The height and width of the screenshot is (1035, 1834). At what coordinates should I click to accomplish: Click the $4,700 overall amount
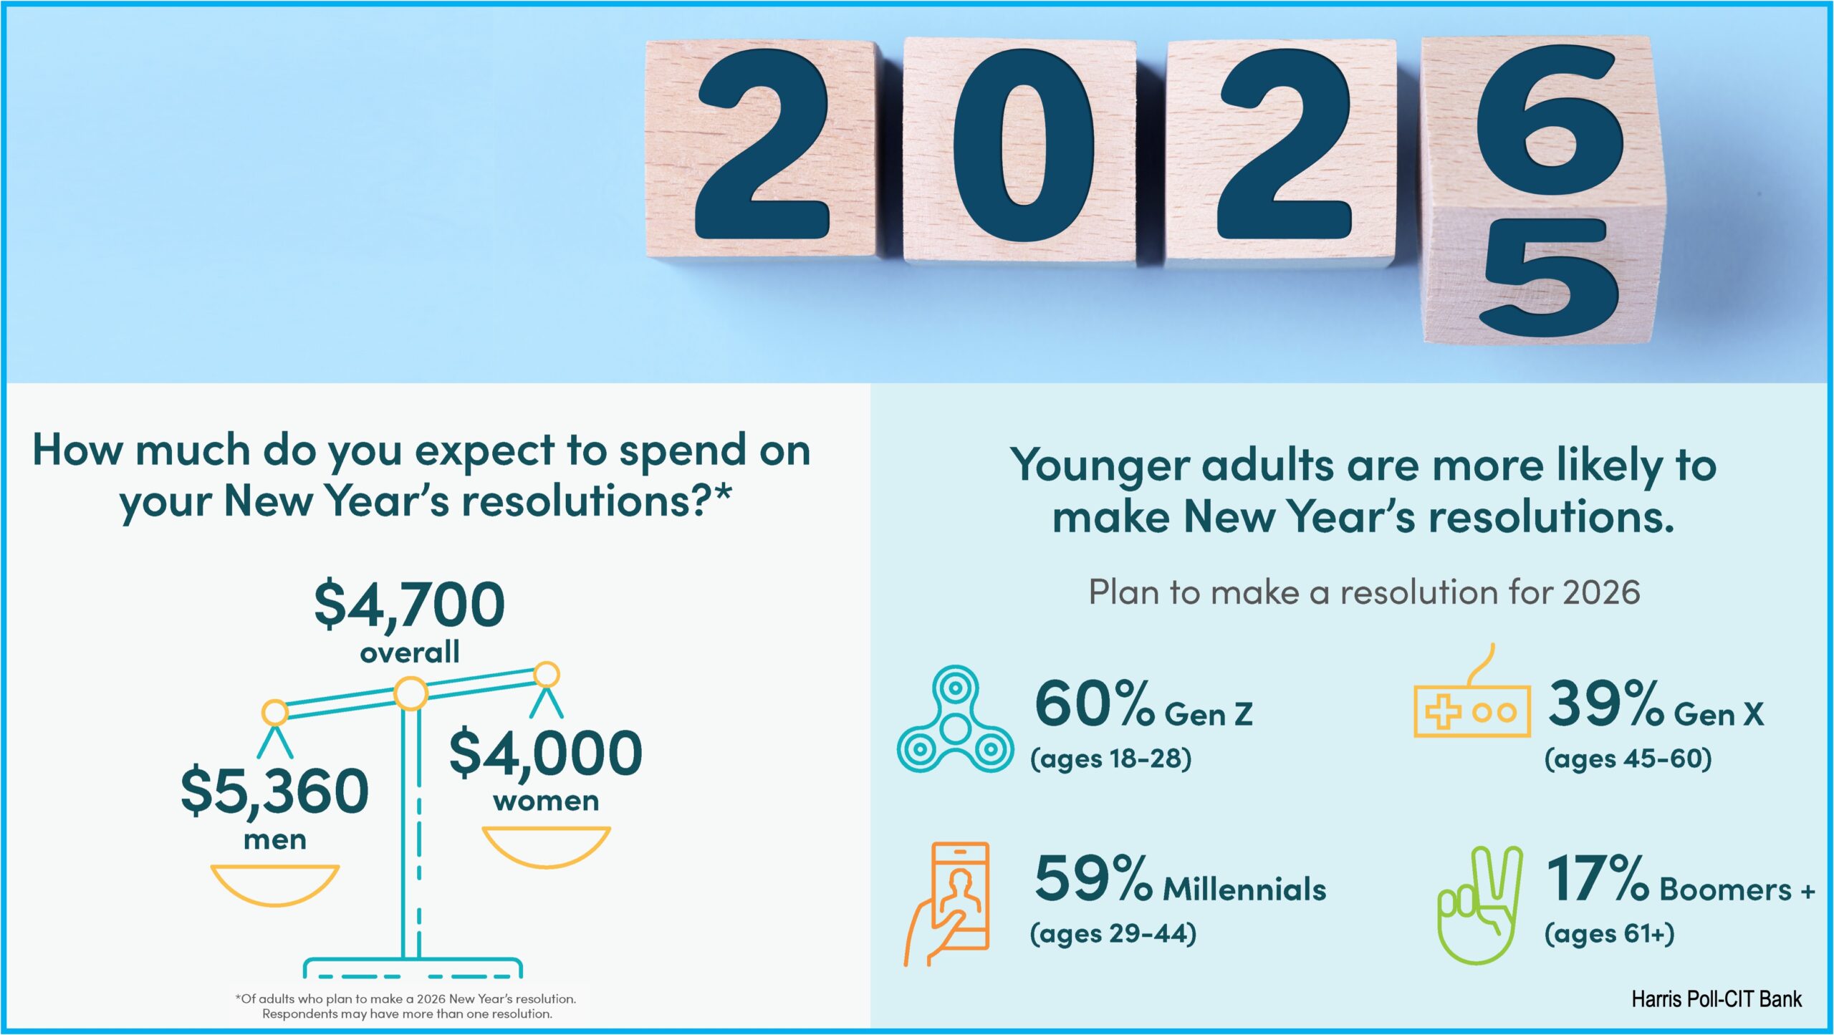click(x=410, y=605)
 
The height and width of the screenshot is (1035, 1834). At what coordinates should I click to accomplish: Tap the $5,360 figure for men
click(x=274, y=791)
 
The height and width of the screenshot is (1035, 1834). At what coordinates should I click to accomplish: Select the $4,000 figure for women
click(x=545, y=753)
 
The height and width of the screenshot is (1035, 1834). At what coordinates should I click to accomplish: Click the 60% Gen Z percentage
click(x=1094, y=704)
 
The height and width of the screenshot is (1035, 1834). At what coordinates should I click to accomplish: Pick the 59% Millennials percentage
click(x=1093, y=879)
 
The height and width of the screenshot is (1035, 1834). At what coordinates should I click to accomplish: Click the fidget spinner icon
click(x=955, y=719)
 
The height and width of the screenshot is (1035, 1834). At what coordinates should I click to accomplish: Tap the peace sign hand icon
click(x=1480, y=905)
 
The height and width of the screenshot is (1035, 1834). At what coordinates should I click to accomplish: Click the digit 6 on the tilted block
click(x=1550, y=115)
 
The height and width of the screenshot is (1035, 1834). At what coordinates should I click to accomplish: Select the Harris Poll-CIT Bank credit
click(x=1717, y=999)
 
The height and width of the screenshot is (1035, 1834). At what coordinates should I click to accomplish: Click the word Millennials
click(x=1244, y=889)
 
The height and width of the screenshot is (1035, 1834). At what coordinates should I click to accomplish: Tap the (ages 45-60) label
click(x=1628, y=759)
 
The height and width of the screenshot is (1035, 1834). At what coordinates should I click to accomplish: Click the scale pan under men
click(x=274, y=885)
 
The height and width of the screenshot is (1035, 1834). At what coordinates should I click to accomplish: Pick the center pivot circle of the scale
click(x=411, y=694)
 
